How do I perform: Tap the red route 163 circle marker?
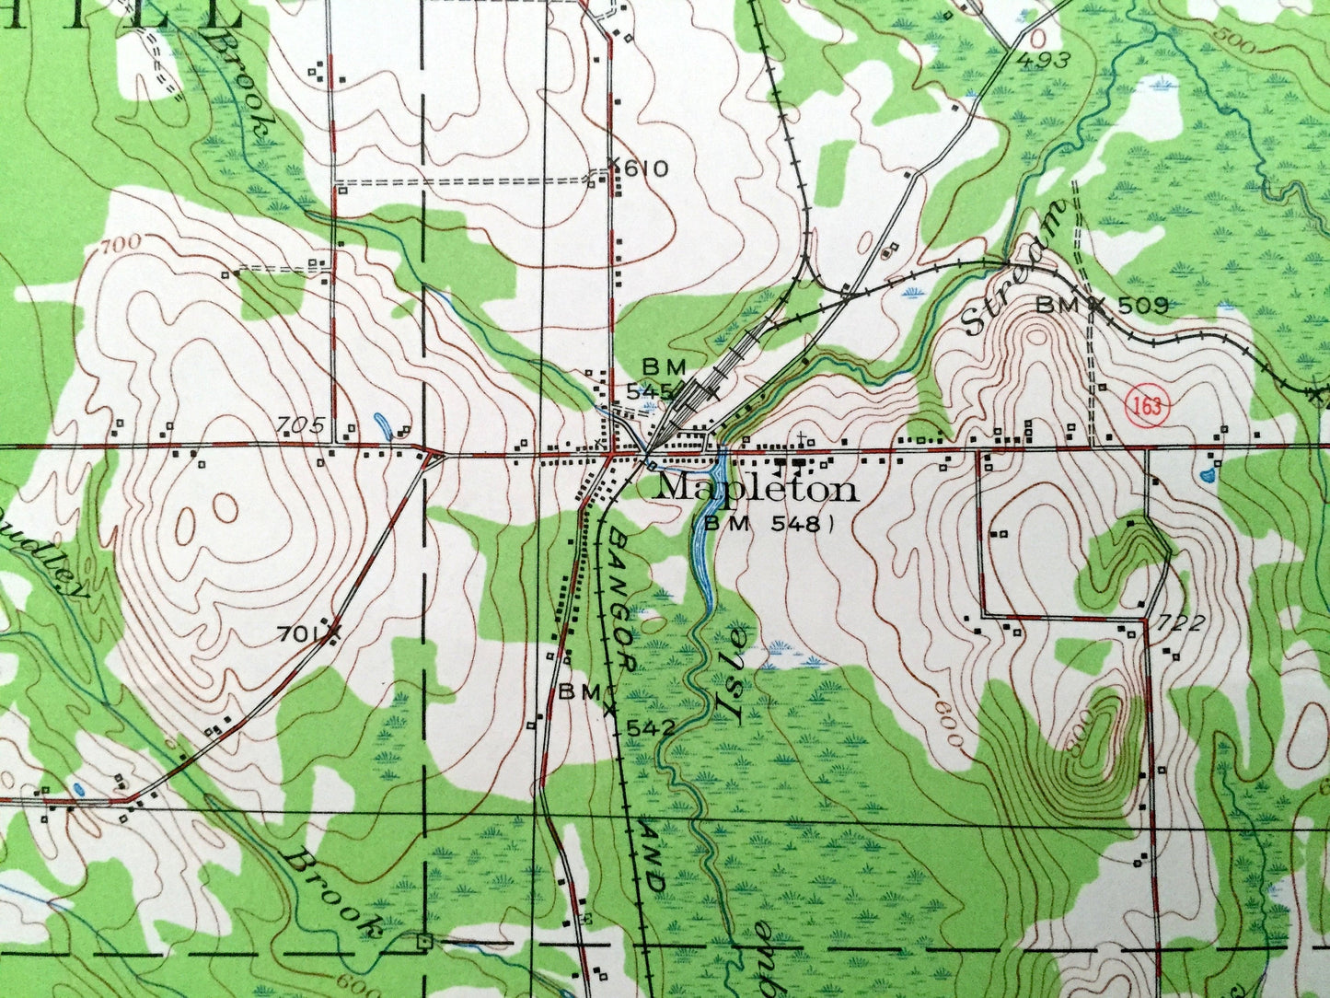point(1149,407)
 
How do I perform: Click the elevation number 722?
point(1183,622)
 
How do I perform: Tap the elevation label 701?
point(297,632)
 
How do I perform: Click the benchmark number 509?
point(1142,304)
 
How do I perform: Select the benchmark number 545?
point(653,390)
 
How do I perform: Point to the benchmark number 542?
point(651,727)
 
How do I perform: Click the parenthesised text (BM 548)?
point(763,523)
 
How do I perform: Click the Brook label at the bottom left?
point(332,891)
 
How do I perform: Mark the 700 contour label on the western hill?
point(122,243)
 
